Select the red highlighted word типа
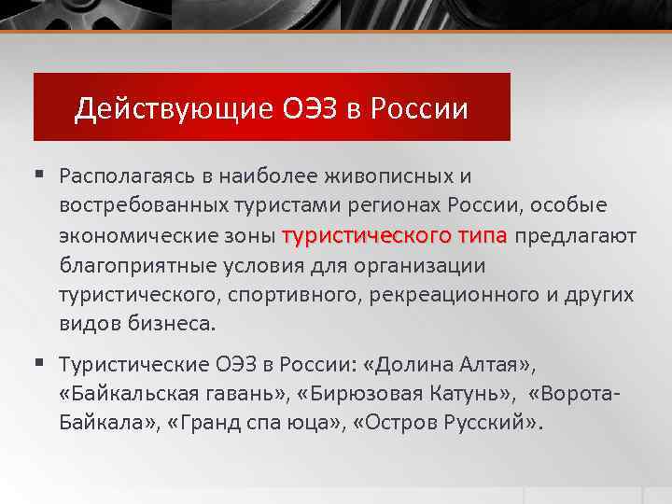482,235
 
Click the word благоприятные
138,265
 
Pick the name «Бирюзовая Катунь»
385,393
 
